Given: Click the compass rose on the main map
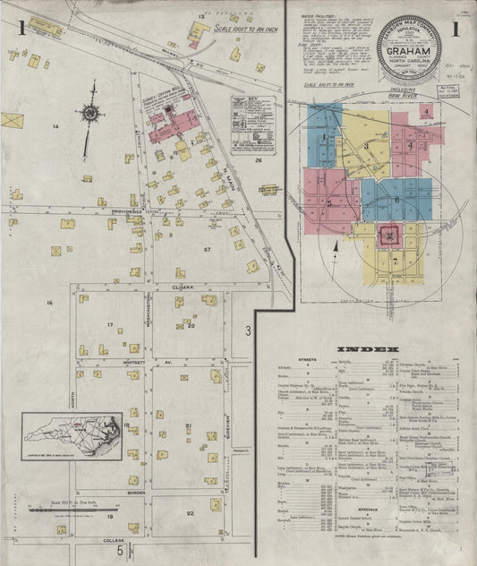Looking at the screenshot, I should [90, 113].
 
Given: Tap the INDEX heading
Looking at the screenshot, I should [367, 348].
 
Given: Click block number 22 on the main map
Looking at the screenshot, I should [190, 513].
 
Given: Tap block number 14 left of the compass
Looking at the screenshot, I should [55, 127].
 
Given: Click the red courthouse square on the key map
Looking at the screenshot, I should [391, 236].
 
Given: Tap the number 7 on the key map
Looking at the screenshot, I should [395, 262].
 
